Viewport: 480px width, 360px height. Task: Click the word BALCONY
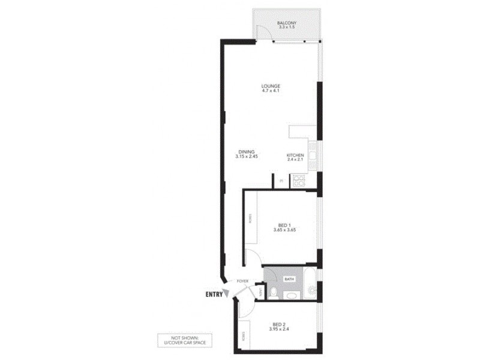pos(286,23)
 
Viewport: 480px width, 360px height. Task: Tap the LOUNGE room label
pos(271,85)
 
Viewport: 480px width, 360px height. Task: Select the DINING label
pos(247,151)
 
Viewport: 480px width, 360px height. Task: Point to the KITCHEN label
pos(295,155)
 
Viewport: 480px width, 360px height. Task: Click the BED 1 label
pos(281,225)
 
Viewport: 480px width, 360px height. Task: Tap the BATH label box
pos(289,279)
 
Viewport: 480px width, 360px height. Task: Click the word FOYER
pos(242,281)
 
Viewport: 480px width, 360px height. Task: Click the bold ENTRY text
pos(214,295)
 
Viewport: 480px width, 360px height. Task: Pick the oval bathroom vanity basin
pos(292,295)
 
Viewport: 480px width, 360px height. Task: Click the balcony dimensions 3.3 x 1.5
pos(286,28)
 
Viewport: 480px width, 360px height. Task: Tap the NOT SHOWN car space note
pos(178,341)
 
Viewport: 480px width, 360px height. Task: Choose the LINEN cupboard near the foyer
pos(260,292)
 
